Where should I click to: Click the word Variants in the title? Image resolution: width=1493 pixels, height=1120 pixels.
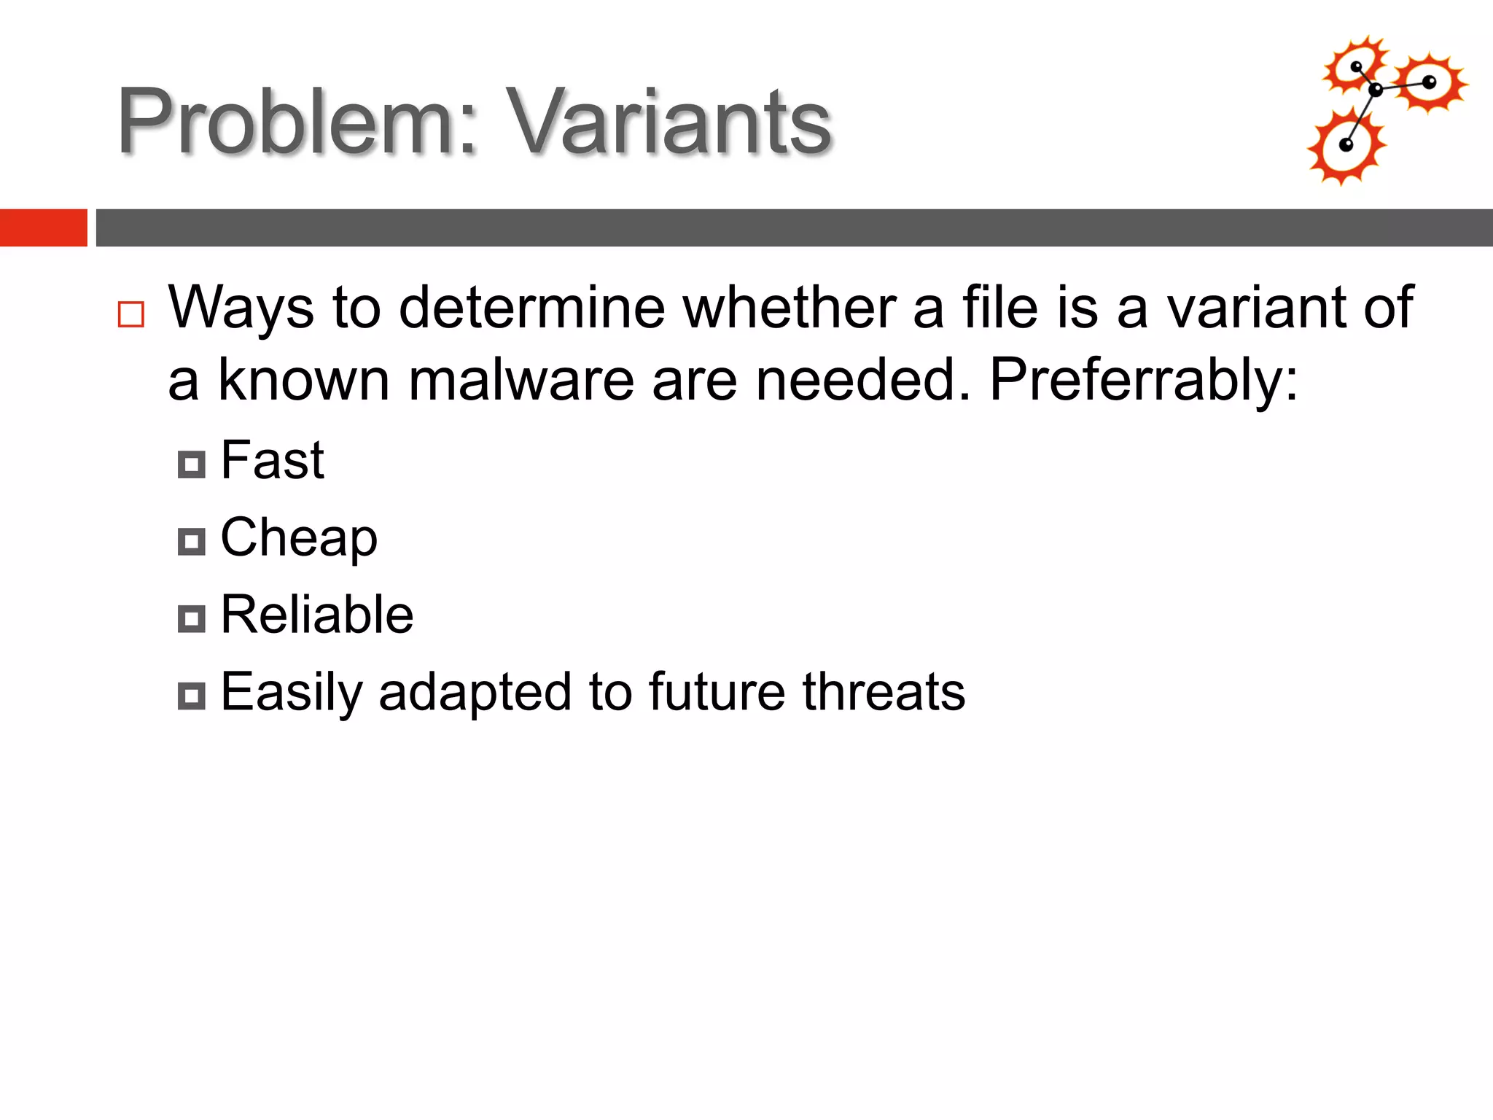click(668, 122)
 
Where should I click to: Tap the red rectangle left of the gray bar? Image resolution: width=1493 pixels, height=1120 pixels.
click(43, 227)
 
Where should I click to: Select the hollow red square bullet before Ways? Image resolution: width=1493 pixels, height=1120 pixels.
click(131, 314)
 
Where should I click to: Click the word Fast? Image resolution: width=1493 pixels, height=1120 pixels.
click(272, 461)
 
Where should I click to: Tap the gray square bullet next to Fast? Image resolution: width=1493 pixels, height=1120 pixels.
click(192, 464)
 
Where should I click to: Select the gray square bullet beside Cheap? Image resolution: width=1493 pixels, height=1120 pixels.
click(192, 542)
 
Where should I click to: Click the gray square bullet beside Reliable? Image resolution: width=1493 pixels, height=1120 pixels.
click(192, 619)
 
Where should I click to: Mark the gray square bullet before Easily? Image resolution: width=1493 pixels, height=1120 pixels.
click(192, 696)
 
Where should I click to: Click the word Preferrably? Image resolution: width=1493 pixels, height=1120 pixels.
click(1143, 381)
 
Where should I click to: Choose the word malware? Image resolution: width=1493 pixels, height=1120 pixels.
click(521, 381)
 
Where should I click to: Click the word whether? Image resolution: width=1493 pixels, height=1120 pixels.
click(789, 308)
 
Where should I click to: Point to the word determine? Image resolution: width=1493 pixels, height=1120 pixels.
click(532, 308)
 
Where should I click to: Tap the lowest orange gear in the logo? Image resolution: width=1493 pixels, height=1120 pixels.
click(1346, 147)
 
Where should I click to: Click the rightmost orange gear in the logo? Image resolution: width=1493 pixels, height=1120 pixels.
click(1429, 82)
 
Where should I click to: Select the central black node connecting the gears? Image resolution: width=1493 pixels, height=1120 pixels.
click(1376, 90)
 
